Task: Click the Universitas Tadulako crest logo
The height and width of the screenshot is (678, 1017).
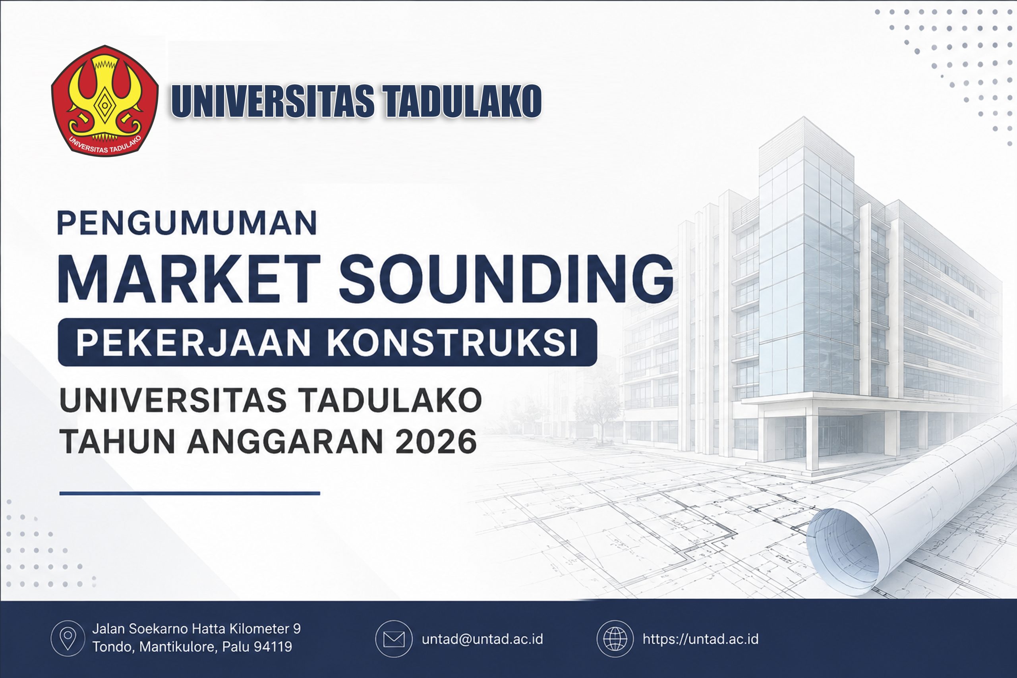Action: (x=104, y=101)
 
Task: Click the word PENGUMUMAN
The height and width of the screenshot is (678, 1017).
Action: (x=187, y=223)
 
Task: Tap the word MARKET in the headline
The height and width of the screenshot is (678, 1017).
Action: (x=189, y=278)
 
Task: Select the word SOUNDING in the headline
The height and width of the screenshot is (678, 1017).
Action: (x=506, y=278)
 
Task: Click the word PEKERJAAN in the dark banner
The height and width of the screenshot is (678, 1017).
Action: (x=193, y=343)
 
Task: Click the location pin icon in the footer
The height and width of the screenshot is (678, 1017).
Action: (x=68, y=638)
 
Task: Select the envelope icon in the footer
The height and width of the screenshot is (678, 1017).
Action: (x=393, y=639)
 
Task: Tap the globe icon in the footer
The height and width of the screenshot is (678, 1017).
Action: (x=615, y=639)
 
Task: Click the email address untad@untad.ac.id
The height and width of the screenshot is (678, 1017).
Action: (x=482, y=639)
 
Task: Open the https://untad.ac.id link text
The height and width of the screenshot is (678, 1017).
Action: (x=700, y=639)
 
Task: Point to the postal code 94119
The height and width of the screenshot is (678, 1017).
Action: (x=273, y=647)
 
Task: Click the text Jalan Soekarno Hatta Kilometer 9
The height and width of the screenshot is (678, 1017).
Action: (x=196, y=629)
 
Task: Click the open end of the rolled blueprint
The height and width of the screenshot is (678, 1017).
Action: (x=842, y=552)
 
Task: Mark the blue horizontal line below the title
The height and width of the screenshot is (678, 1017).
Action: (x=189, y=493)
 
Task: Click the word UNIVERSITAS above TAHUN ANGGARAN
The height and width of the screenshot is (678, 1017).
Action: (x=173, y=400)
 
